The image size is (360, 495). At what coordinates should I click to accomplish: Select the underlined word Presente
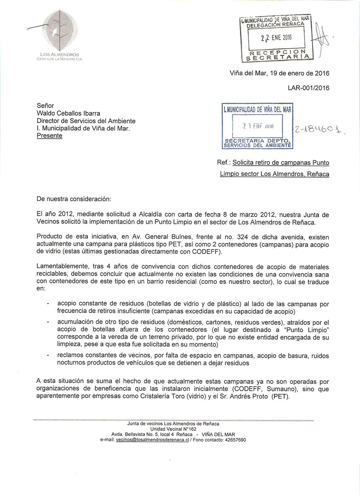tap(49, 136)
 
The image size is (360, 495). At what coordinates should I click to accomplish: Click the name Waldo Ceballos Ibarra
tap(68, 113)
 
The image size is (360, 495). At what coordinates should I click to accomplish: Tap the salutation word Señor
tap(45, 106)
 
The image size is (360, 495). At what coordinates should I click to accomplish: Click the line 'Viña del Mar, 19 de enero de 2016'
tap(279, 74)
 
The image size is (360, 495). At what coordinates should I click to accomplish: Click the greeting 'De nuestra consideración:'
tap(74, 199)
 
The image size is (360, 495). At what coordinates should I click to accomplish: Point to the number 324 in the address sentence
tap(237, 237)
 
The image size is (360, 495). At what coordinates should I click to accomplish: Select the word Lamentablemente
tap(62, 266)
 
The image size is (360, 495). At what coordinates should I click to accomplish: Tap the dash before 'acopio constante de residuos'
tap(49, 304)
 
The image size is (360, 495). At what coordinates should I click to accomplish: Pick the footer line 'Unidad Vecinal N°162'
tap(173, 429)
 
